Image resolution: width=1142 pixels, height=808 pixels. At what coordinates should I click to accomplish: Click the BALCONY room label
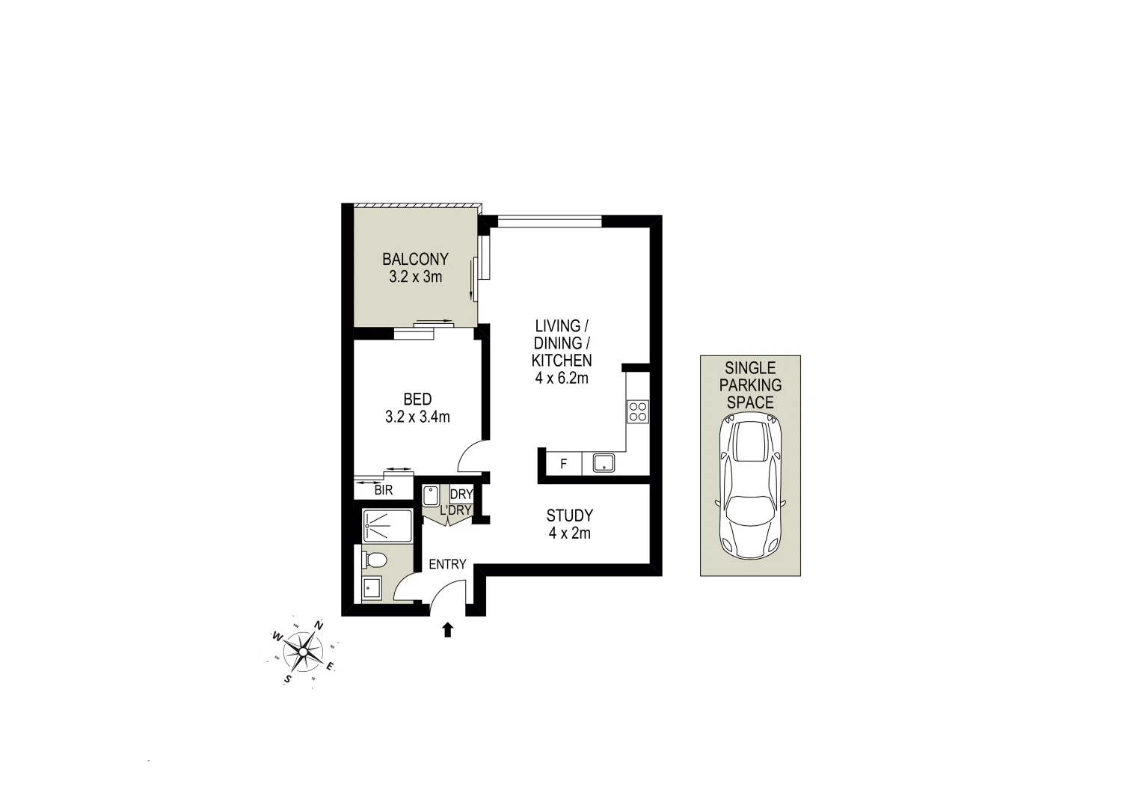click(x=415, y=260)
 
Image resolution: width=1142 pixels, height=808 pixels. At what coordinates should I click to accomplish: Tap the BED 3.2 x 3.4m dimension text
click(x=417, y=417)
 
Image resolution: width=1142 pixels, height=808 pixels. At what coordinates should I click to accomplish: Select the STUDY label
click(x=569, y=515)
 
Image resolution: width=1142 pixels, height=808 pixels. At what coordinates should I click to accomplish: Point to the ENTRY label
click(x=447, y=565)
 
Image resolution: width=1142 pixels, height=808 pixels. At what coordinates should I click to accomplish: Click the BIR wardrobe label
click(x=384, y=491)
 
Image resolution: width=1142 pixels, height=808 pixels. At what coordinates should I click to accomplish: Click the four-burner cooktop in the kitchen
click(x=638, y=411)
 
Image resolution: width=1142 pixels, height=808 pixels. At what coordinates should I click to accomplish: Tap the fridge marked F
click(x=564, y=464)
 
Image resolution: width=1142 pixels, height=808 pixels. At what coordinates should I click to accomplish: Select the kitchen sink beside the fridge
click(x=604, y=463)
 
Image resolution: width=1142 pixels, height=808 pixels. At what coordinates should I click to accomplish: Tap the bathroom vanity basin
click(x=372, y=588)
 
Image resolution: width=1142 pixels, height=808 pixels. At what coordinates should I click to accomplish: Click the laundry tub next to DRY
click(x=432, y=497)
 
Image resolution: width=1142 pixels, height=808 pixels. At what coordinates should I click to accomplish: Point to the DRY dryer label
click(x=461, y=494)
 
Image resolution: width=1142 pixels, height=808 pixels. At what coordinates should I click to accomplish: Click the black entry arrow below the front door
click(x=447, y=630)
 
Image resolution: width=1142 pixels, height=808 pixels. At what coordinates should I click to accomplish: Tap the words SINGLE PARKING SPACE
click(x=750, y=385)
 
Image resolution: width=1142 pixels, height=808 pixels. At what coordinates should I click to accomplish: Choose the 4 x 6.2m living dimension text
click(x=562, y=378)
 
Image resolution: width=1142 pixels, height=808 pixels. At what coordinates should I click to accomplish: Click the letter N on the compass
click(x=319, y=625)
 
